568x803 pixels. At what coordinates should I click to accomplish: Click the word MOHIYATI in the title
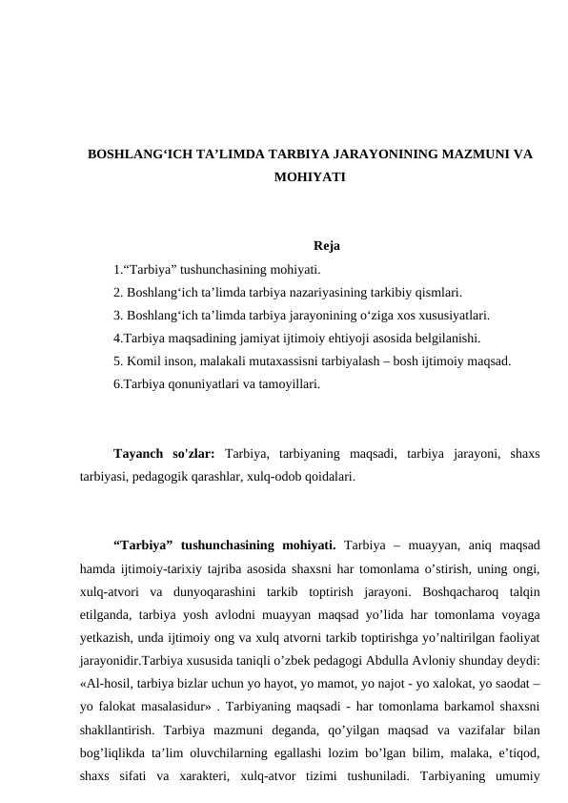pos(309,177)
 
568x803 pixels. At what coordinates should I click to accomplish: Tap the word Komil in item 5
pos(142,360)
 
